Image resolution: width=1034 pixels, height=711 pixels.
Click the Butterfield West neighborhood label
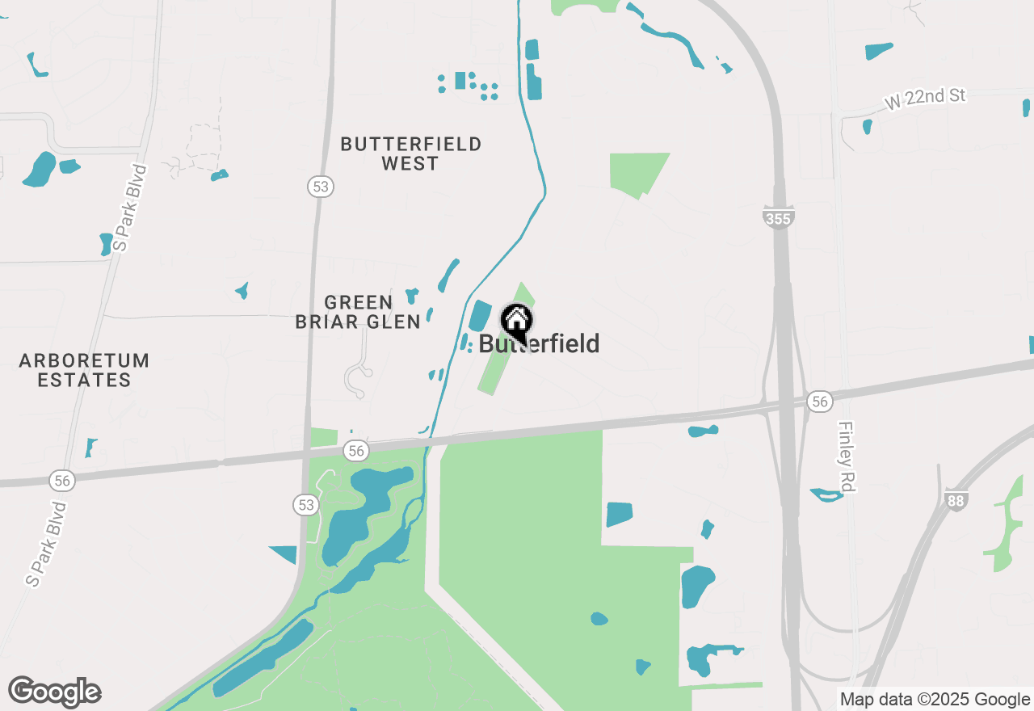pos(410,154)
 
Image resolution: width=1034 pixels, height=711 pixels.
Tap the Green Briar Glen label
pos(358,312)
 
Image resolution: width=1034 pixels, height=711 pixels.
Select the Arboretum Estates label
pos(84,370)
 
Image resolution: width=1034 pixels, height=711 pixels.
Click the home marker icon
pos(517,321)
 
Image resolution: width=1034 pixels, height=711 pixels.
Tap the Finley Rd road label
pos(846,456)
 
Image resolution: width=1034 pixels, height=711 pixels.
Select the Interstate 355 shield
pos(778,217)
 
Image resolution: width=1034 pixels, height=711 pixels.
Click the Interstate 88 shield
pos(956,500)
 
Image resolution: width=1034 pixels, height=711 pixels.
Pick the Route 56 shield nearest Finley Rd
pos(820,402)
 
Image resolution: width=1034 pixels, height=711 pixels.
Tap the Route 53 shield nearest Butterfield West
pos(321,187)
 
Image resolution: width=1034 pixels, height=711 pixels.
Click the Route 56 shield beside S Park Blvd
pos(62,481)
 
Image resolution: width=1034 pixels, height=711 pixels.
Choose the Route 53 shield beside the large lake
pos(305,505)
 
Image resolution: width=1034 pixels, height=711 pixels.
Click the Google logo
pos(55,692)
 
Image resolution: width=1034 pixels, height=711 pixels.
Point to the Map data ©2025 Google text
pos(935,700)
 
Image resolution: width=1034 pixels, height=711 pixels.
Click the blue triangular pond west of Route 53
pos(286,553)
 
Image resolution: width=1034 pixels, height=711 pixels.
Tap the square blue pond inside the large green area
pos(619,515)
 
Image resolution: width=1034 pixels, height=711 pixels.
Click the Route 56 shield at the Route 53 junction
pos(355,450)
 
